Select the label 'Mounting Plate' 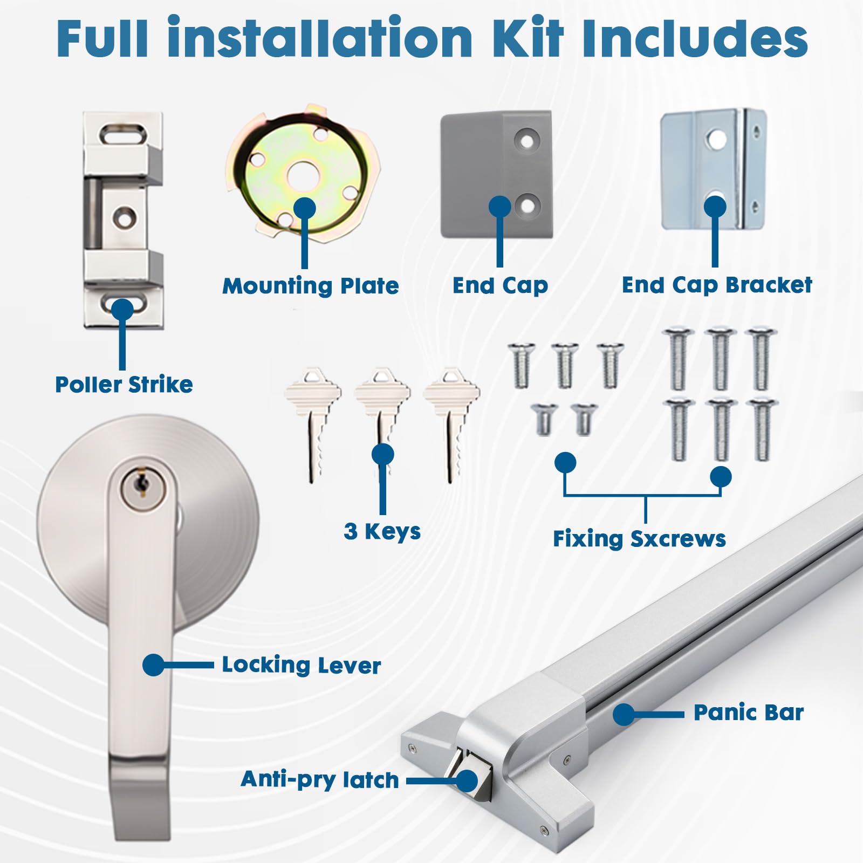coord(311,286)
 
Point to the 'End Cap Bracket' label coord(717,284)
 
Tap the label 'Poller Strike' coord(124,385)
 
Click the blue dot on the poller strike coord(123,310)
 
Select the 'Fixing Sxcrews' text coord(639,539)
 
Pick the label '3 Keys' coord(382,531)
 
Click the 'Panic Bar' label coord(749,713)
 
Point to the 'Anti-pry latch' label coord(320,780)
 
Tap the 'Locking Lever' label coord(302,665)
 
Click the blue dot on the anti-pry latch coord(467,780)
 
